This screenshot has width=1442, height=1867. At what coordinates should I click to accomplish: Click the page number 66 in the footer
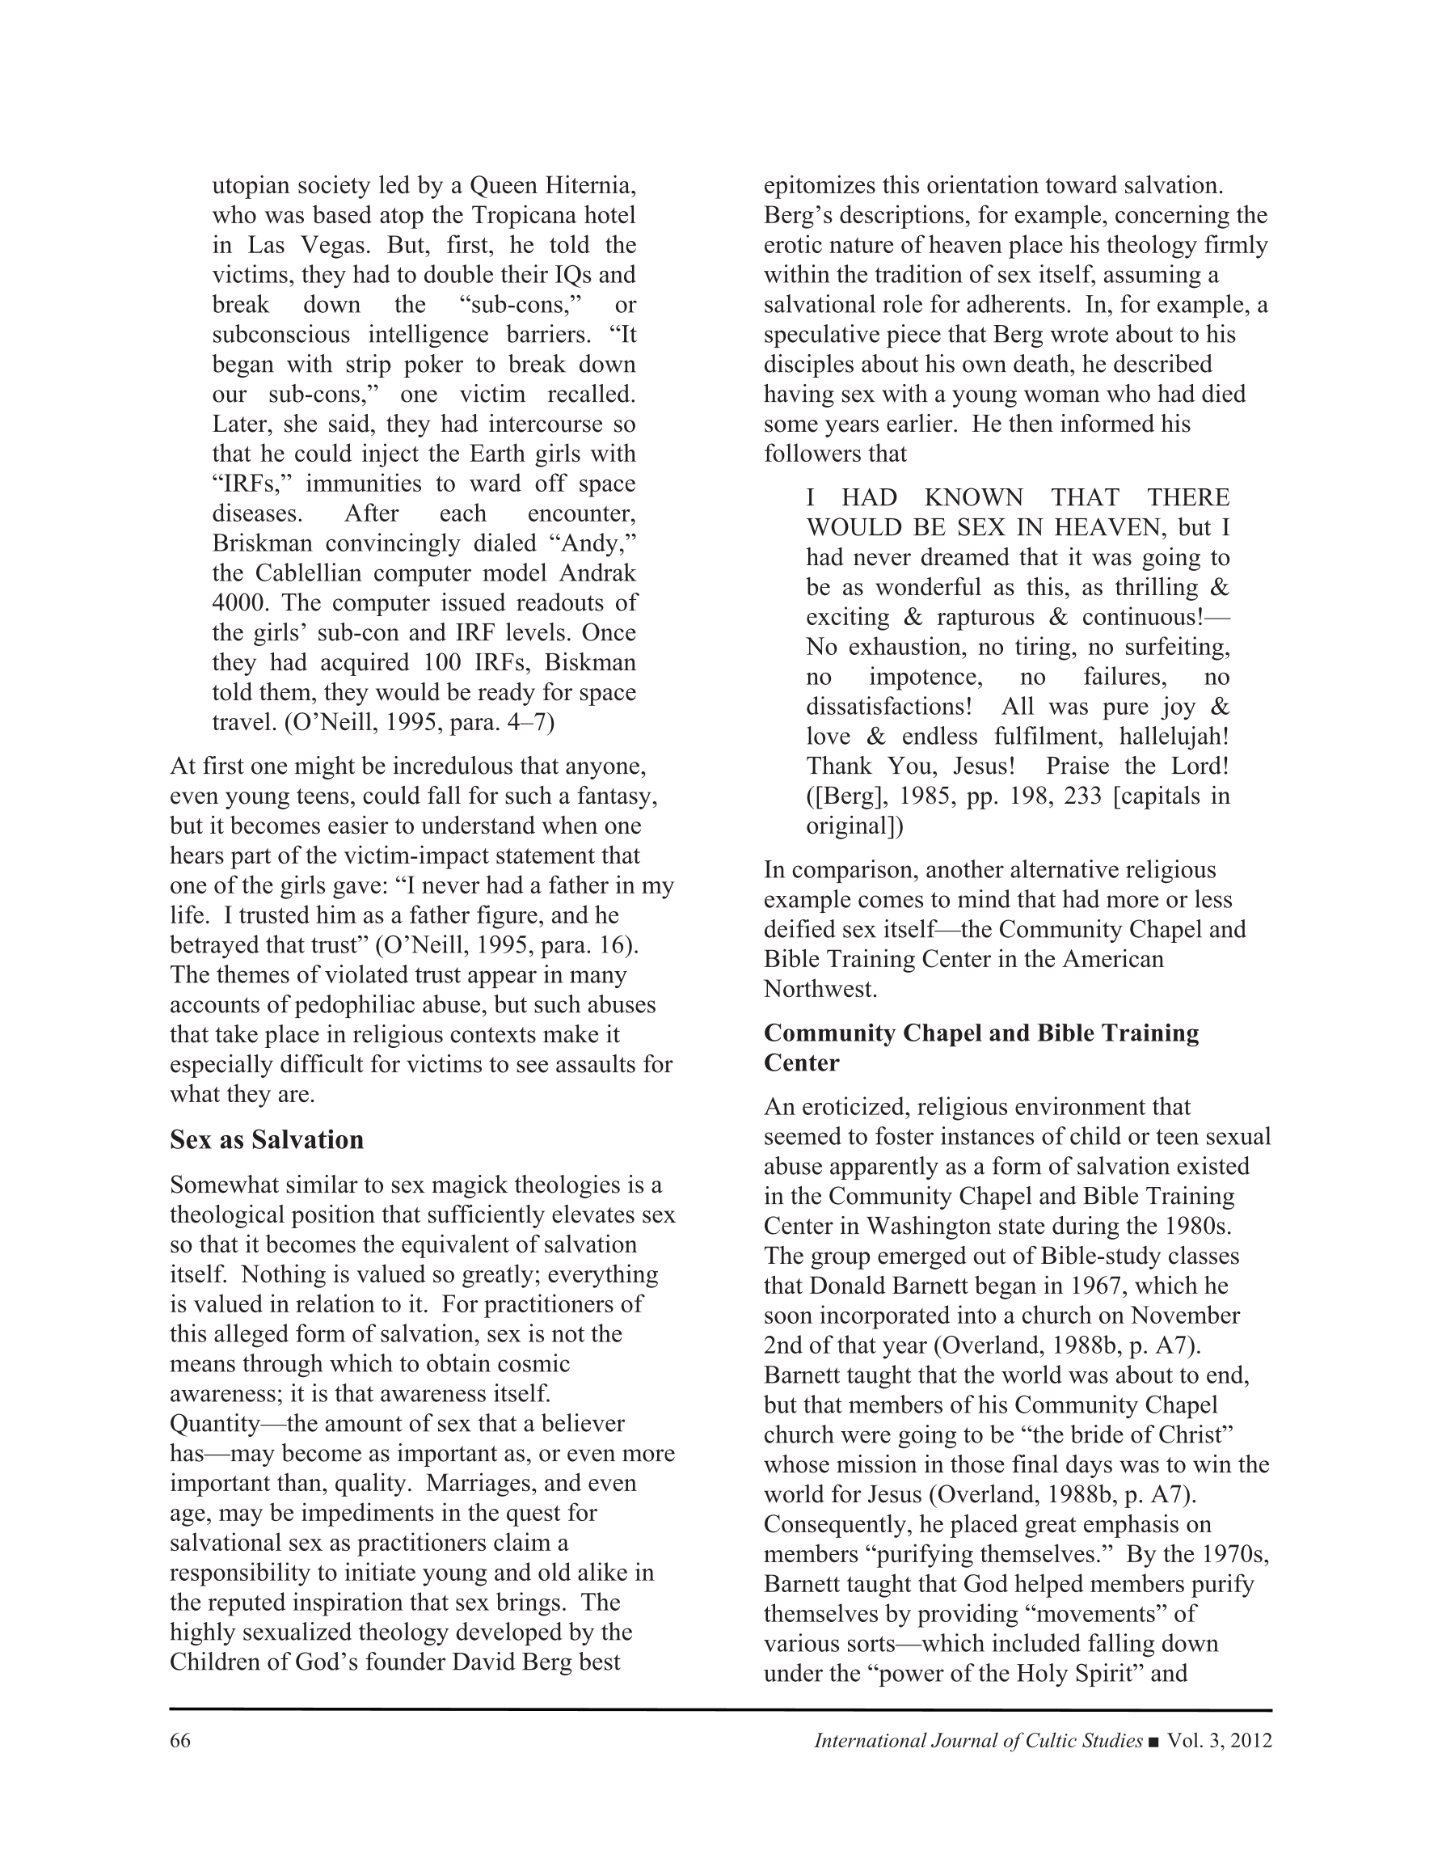(179, 1741)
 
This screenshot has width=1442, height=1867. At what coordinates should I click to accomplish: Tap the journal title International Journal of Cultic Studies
(978, 1741)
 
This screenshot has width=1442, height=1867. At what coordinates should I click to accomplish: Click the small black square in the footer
(1155, 1742)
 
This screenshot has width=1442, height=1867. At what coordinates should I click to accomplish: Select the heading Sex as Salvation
(267, 1139)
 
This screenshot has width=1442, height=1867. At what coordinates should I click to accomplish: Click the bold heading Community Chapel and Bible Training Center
(981, 1047)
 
